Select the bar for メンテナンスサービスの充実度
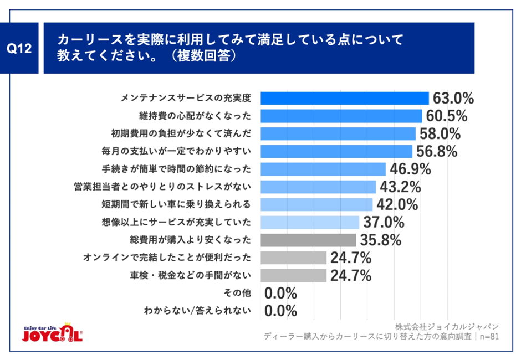coord(344,99)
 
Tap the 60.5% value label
coord(447,116)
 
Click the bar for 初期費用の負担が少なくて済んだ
coord(338,133)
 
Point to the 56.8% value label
coord(436,151)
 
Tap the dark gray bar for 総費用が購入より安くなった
coord(308,240)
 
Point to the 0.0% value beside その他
coord(281,292)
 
